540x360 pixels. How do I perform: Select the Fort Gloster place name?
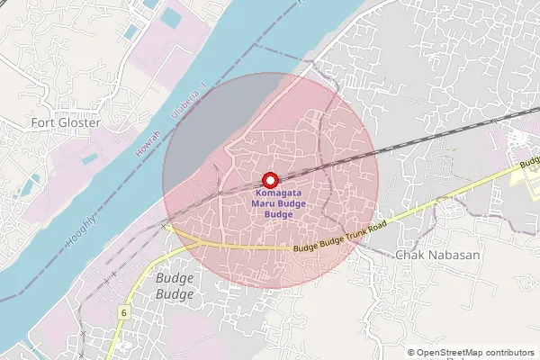(x=66, y=121)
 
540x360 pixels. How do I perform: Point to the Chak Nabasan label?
(x=438, y=255)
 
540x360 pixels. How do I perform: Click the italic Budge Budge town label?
(x=175, y=286)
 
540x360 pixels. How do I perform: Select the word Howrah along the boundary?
(x=142, y=144)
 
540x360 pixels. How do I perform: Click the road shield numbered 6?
(x=121, y=310)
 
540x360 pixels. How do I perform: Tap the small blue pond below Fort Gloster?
(x=89, y=159)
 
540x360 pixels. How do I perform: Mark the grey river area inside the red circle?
(x=211, y=126)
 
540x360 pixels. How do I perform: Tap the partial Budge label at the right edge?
(x=529, y=165)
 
